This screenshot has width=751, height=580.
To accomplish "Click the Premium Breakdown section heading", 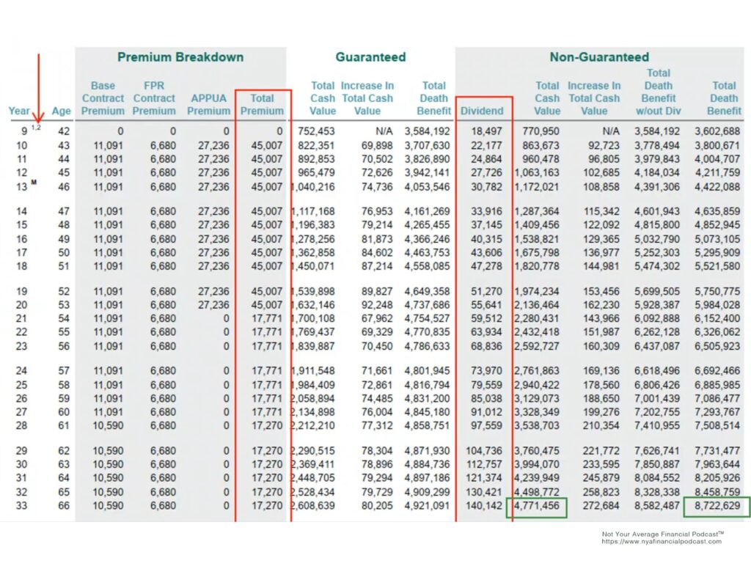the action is tap(180, 57).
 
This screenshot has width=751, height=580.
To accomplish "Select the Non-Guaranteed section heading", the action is tap(599, 57).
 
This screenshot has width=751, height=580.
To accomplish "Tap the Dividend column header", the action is tap(482, 111).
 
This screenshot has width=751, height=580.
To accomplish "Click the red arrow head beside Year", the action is tap(38, 117).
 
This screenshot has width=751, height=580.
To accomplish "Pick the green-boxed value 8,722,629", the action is tap(717, 506).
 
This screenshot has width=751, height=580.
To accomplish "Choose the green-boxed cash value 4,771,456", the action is tap(537, 506).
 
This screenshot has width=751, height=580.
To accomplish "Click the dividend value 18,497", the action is tap(486, 131).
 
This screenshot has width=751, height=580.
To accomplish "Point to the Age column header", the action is tap(62, 111).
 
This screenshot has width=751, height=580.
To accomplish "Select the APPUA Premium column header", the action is tap(209, 104).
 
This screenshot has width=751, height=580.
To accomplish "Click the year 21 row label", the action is tap(21, 318).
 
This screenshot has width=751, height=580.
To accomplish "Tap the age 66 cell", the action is tap(64, 506).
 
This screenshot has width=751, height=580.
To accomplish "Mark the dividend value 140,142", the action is tap(484, 506).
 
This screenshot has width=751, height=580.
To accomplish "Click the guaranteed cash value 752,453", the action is tap(316, 131).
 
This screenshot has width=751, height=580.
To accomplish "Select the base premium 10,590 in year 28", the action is tap(109, 426).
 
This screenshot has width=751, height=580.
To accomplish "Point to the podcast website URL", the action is tap(662, 542).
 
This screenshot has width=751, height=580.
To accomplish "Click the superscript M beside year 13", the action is tap(34, 182).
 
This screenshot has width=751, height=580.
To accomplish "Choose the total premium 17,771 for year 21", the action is tap(267, 318).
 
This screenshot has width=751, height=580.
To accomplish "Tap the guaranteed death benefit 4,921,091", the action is tap(428, 506).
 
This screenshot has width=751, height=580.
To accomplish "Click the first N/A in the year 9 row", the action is tap(384, 131).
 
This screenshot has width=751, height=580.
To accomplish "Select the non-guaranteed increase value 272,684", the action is tap(601, 506).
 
